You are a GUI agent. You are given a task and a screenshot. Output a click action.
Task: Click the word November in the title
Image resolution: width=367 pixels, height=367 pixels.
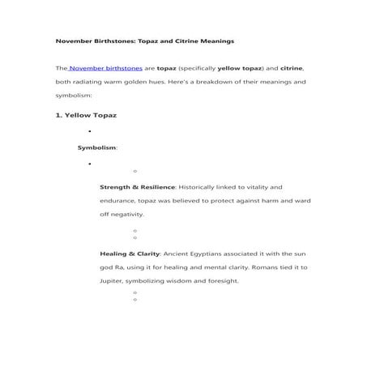tap(75, 40)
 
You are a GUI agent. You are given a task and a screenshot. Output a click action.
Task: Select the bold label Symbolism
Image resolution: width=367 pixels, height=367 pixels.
tap(96, 147)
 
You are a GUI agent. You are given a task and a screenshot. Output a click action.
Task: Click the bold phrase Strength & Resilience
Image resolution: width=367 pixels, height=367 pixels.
tap(136, 186)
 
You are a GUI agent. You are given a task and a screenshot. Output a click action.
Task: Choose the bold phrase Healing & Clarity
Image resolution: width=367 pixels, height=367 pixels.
tap(130, 253)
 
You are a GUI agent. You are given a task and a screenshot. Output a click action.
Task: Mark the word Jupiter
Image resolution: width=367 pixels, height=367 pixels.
tap(114, 280)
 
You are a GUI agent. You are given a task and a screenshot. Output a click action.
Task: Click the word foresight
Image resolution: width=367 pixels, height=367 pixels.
tap(218, 280)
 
